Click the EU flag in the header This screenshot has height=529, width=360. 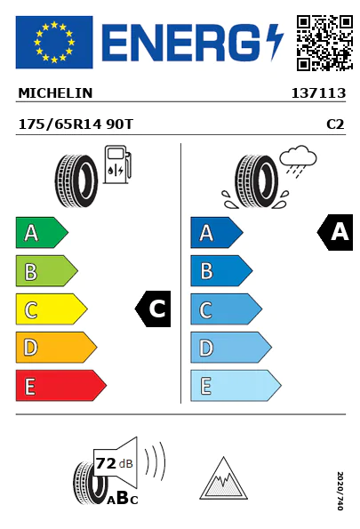point(54,42)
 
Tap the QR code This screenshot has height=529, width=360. point(325,43)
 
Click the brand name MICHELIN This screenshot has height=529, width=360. point(55,93)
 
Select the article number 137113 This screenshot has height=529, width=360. point(318,93)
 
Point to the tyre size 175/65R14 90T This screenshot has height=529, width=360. point(76,124)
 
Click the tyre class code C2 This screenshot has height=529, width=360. point(335,124)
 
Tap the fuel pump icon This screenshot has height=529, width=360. point(117,164)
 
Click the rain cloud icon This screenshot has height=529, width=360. point(299,161)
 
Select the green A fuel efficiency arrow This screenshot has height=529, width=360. point(42,232)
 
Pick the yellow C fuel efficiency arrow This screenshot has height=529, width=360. point(52,309)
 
